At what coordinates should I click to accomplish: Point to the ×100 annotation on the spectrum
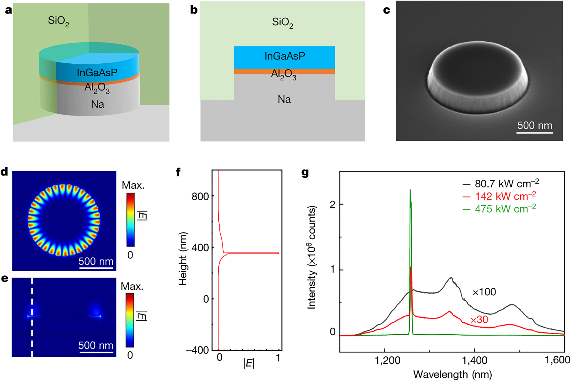point(484,292)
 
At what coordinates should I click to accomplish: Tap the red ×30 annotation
point(479,319)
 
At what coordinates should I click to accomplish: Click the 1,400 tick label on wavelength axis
point(474,360)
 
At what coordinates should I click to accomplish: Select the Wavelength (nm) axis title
point(452,375)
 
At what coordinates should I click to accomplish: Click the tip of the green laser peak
point(410,190)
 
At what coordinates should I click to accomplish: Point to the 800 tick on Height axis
point(200,196)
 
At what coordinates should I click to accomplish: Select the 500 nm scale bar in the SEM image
point(535,133)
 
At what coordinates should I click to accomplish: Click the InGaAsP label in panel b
point(284,56)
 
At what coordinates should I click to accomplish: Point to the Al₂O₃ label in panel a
point(97,88)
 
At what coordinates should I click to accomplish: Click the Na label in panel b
point(284,99)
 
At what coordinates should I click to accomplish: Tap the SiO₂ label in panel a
point(58,21)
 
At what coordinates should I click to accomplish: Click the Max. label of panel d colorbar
point(133,185)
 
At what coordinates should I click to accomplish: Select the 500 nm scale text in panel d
point(96,261)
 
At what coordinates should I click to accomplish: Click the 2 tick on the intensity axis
point(332,204)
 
